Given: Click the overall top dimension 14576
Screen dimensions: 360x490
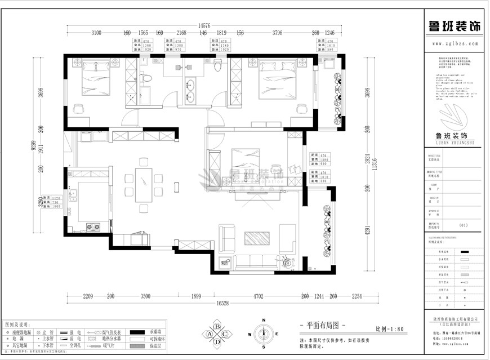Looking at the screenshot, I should coord(204,25).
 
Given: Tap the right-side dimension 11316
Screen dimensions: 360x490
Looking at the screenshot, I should coord(375,163).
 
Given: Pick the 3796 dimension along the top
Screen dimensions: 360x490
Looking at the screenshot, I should coord(277,33).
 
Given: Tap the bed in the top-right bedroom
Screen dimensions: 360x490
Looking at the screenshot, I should coord(276,79).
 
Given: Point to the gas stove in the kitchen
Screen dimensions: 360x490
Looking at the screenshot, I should coord(92,228).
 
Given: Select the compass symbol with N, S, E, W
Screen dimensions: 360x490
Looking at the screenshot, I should coord(263,334).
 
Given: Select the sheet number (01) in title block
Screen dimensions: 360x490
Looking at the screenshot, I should coord(464,225).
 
